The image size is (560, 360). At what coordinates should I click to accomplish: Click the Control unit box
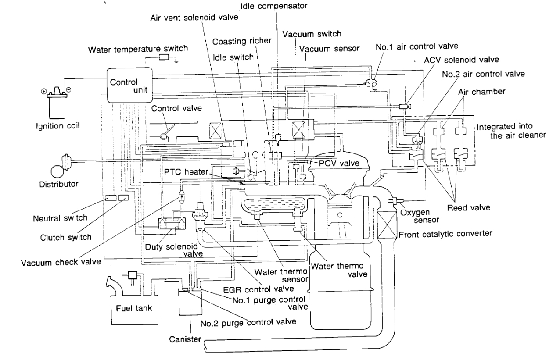click(130, 85)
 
